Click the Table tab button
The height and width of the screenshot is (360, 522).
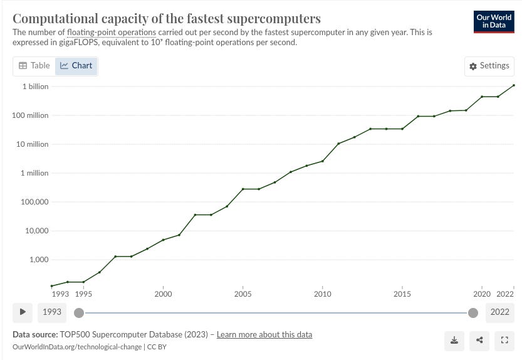click(34, 65)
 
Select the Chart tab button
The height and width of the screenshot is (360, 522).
click(76, 65)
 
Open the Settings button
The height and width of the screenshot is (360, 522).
click(489, 66)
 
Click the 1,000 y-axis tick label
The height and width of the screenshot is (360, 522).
click(37, 260)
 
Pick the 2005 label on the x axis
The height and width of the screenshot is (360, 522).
click(243, 294)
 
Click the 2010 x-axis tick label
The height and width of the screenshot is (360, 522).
click(322, 294)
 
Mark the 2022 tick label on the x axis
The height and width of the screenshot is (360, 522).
click(506, 294)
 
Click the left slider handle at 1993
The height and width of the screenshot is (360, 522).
click(79, 312)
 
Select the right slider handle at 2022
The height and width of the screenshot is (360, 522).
click(473, 312)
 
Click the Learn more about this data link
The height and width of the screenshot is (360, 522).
click(264, 334)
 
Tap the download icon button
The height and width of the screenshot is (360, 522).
click(454, 341)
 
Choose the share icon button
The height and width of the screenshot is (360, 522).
click(479, 341)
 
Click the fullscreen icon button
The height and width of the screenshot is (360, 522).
click(504, 341)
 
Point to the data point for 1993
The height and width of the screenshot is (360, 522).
click(52, 286)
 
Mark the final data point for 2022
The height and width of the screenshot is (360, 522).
click(514, 85)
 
